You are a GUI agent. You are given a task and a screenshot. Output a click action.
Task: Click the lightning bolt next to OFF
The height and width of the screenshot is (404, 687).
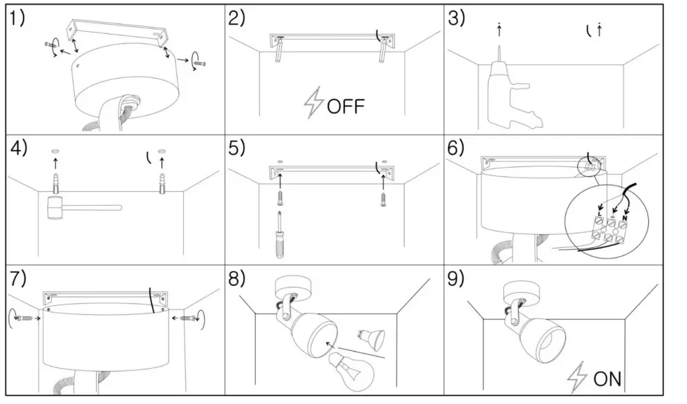coord(313,103)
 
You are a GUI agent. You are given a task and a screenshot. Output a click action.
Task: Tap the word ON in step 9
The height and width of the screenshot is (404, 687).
coord(607,378)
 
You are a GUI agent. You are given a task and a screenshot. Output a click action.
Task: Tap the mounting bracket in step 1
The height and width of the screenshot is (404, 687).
coord(117,32)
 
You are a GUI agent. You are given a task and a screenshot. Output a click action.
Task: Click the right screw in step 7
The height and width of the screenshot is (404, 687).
coord(185,318)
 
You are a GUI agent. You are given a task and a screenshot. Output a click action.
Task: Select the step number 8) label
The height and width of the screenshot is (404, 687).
coord(237,279)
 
